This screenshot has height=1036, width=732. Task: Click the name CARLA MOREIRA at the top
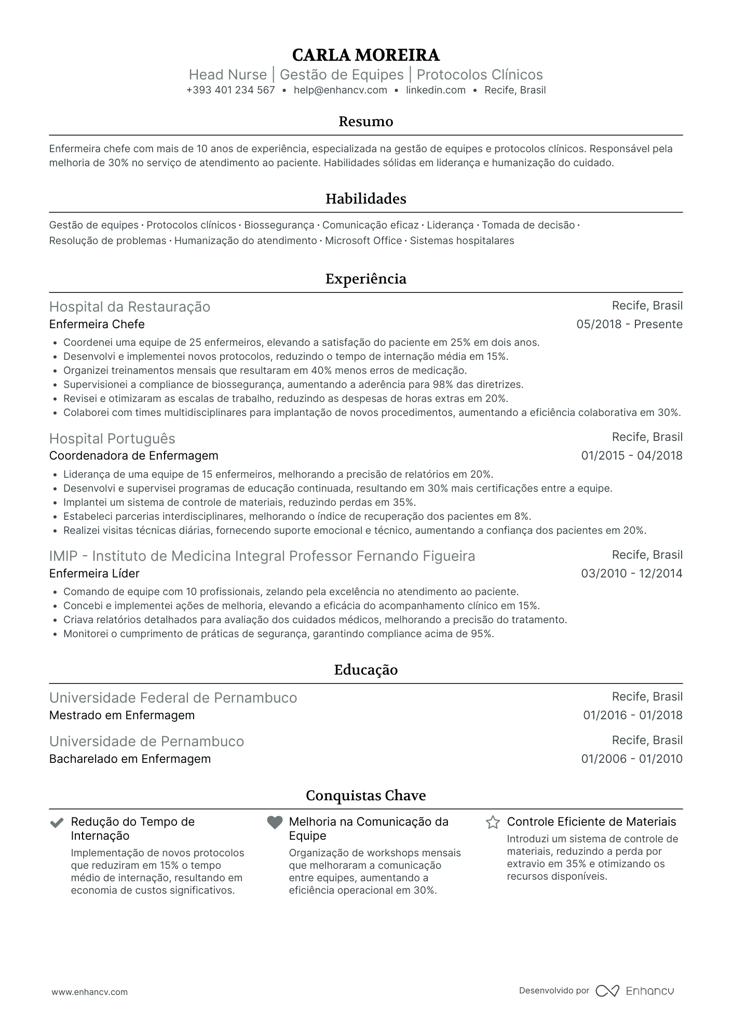pos(365,55)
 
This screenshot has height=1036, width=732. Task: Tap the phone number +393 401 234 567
pos(231,90)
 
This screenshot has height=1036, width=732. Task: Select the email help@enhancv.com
pos(340,90)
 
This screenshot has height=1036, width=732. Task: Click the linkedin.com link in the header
pos(436,90)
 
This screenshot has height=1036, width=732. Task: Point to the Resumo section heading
pos(365,122)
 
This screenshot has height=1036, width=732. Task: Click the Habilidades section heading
pos(365,199)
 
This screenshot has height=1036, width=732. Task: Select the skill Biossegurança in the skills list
pos(279,225)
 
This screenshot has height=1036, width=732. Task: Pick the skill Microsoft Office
pos(363,241)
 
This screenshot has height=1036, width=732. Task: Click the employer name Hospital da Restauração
pos(129,307)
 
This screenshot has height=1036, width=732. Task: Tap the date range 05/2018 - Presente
pos(629,325)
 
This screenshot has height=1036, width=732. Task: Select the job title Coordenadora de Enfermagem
pos(133,456)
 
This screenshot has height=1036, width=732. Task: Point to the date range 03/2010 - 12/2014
pos(631,574)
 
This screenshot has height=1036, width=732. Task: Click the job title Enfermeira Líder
pos(94,574)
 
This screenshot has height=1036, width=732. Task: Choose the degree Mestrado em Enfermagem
pos(121,716)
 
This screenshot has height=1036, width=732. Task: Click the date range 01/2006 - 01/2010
pos(631,759)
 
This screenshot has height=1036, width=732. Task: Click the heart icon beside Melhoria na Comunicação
pos(275,823)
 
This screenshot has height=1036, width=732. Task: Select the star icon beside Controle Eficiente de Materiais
pos(493,823)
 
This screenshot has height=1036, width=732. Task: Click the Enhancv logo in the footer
pos(634,991)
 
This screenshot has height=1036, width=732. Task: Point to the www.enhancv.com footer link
pos(89,992)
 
